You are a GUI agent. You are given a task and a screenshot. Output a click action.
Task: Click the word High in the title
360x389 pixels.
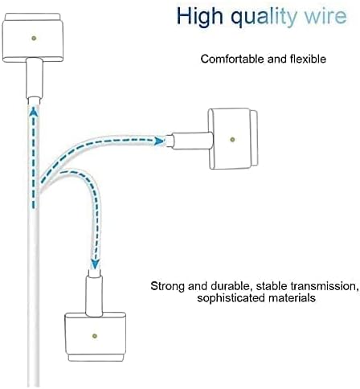click(x=199, y=16)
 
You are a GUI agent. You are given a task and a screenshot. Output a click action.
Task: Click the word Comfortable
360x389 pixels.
click(x=233, y=59)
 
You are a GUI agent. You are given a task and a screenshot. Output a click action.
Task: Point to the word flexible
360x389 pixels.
click(x=308, y=59)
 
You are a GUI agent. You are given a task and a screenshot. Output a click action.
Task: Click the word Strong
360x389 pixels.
click(x=167, y=286)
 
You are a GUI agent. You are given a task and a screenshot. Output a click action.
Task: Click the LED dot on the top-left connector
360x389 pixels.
click(x=34, y=38)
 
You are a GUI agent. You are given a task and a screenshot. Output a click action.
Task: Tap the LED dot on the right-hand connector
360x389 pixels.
click(x=232, y=139)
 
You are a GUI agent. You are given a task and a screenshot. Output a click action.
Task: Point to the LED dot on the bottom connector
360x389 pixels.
click(x=94, y=336)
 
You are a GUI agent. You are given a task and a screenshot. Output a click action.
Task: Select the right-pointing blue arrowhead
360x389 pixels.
click(x=160, y=141)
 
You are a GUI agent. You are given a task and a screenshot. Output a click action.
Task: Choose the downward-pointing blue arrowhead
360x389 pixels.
click(x=94, y=264)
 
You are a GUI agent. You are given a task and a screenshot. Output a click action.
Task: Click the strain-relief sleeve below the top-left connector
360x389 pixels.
click(x=34, y=79)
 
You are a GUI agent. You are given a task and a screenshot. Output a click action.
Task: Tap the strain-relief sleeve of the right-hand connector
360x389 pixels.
click(x=192, y=141)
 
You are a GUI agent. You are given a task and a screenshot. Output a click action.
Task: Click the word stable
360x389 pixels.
click(x=272, y=286)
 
